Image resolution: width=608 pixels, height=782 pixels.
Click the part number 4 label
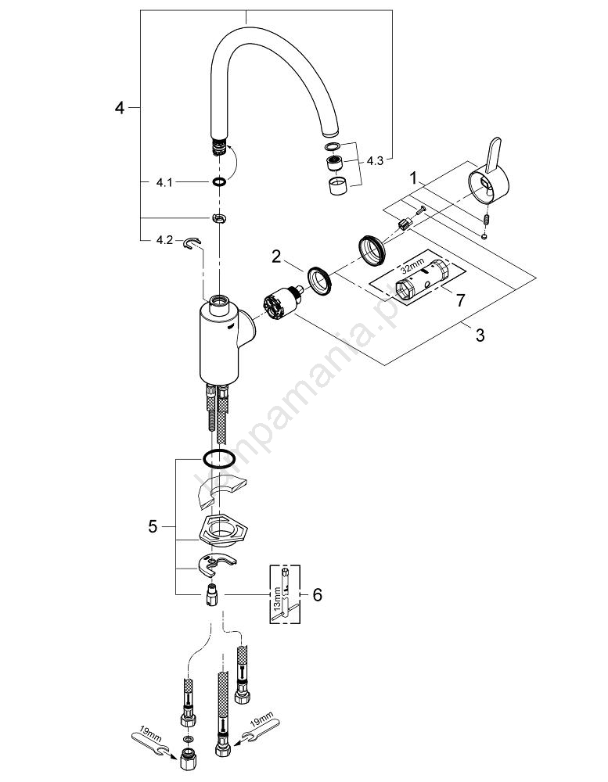[119, 107]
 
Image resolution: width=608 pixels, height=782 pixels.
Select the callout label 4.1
[163, 181]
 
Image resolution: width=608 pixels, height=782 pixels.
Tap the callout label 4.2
[163, 241]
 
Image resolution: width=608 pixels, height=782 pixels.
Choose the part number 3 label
[480, 336]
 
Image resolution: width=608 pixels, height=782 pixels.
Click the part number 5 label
[153, 528]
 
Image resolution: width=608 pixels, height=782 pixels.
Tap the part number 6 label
[316, 595]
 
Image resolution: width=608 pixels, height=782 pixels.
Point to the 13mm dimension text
[280, 601]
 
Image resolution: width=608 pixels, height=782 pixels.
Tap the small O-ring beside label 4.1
[218, 181]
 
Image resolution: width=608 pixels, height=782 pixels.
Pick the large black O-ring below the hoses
[218, 459]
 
